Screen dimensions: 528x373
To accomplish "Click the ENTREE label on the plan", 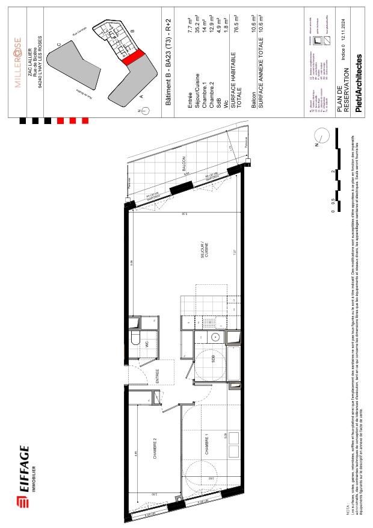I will click(158, 376).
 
